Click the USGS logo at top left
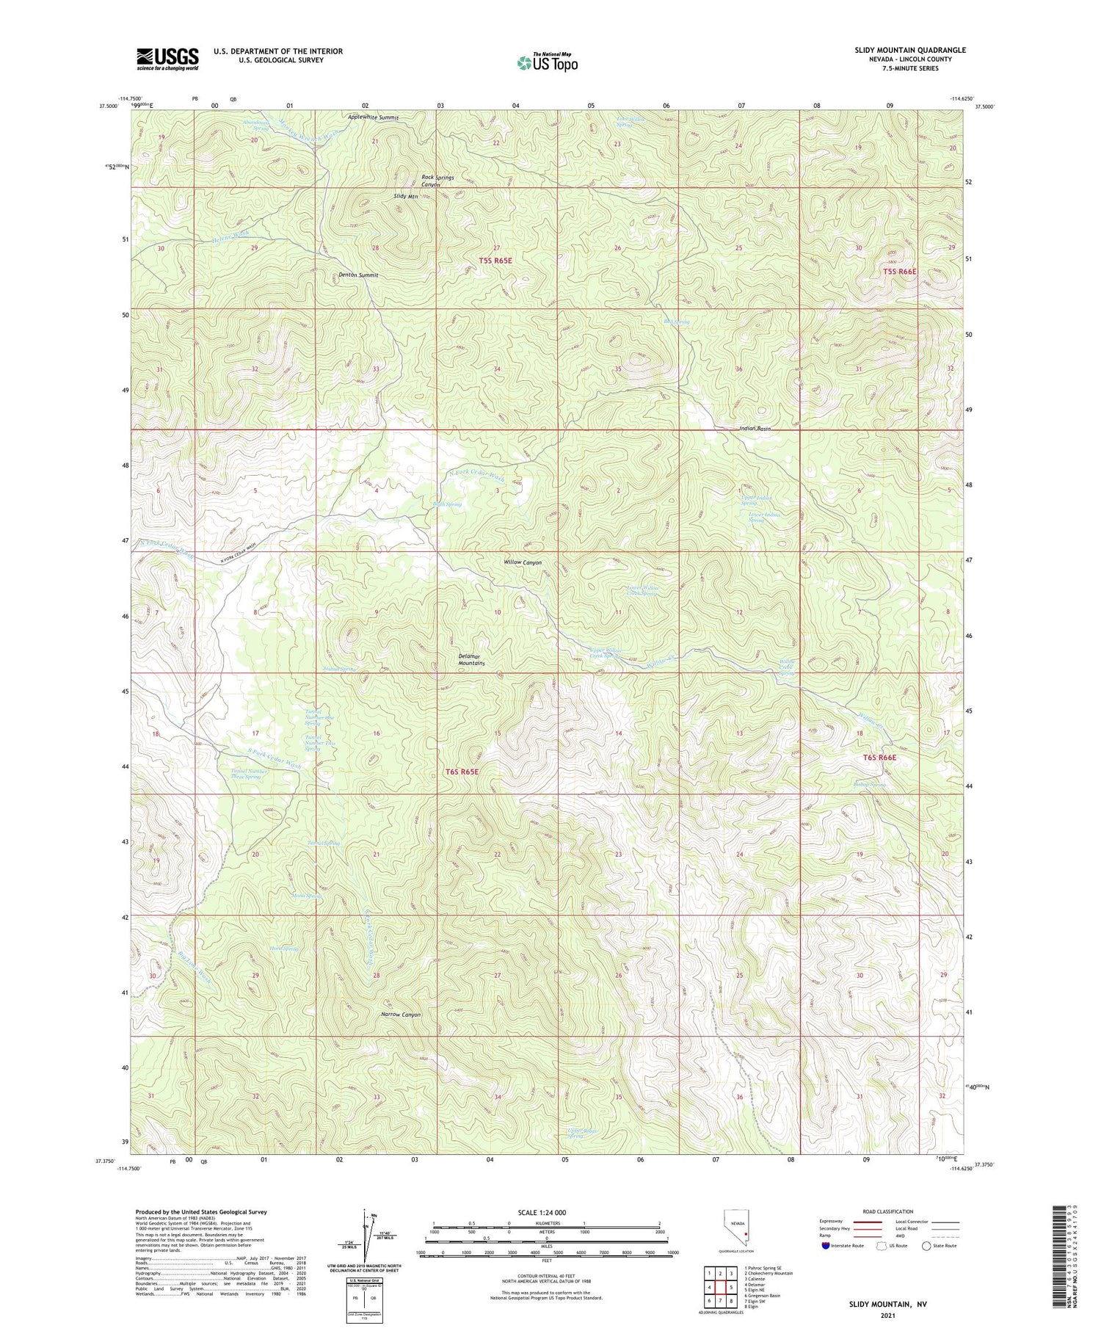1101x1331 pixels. coord(167,59)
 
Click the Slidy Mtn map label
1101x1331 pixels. coord(406,197)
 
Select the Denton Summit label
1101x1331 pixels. coord(359,275)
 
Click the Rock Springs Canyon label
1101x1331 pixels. coord(437,181)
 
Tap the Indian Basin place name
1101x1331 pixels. coord(755,428)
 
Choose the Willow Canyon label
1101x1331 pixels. coord(523,562)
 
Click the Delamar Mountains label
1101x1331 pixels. coord(471,659)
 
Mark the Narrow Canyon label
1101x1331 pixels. coord(401,1015)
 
